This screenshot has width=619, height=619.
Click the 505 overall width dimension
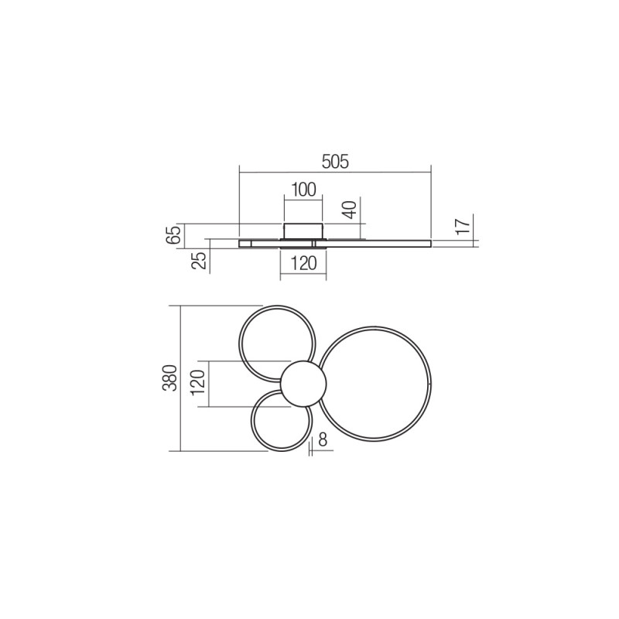(x=335, y=162)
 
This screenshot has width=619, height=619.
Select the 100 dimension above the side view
(x=304, y=190)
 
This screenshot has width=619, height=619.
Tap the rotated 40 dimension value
(x=349, y=210)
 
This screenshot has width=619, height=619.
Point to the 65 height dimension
(x=175, y=234)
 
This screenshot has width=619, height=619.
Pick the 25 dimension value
(x=200, y=261)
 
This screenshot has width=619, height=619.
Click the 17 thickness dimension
(x=462, y=226)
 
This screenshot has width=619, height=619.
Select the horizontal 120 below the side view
(x=303, y=263)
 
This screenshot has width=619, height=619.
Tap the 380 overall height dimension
(x=172, y=378)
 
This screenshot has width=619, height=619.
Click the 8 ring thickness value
(x=323, y=440)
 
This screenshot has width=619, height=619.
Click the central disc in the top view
(x=303, y=384)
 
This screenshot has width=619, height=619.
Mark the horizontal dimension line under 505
(x=335, y=172)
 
